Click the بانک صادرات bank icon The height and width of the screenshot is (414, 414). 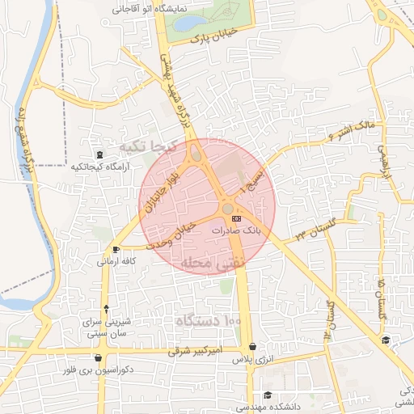pos(236,218)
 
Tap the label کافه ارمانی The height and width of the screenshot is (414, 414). pos(116,262)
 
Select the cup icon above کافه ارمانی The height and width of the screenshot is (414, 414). pos(116,249)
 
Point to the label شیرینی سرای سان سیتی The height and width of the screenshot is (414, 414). pos(107,327)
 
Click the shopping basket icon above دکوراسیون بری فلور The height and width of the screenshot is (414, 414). pos(99,357)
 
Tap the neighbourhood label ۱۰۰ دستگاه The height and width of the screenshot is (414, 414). pos(209,321)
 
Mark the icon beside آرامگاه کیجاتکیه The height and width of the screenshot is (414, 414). pos(99,154)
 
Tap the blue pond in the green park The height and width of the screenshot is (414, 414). pos(185,23)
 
